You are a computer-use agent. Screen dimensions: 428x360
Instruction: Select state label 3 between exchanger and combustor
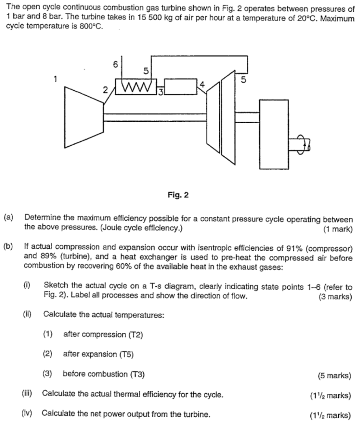(160, 91)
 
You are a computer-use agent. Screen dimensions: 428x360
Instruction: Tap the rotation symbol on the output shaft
(304, 144)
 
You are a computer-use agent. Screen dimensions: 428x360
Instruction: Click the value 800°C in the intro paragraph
(91, 26)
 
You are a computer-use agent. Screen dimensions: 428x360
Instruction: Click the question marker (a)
(9, 217)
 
